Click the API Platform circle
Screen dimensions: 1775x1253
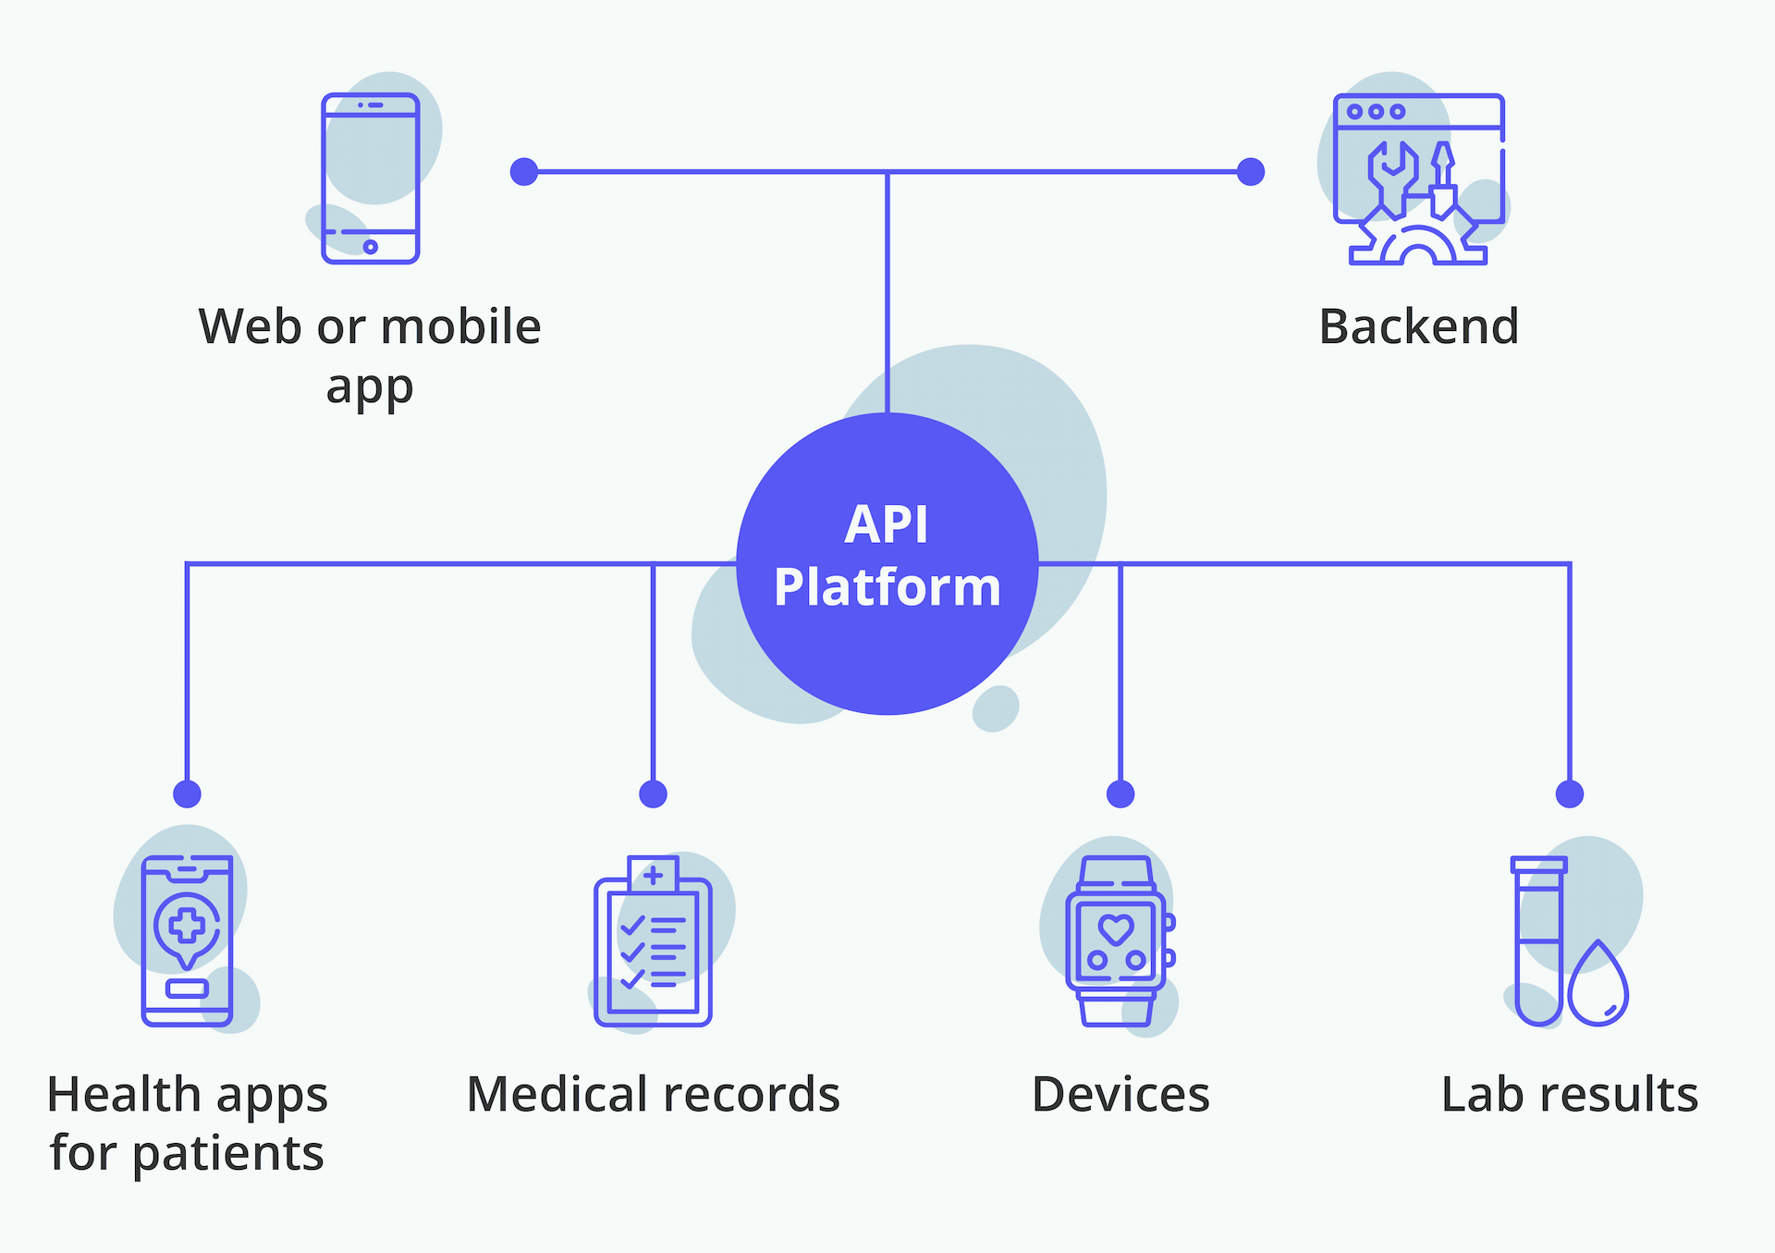[x=887, y=564]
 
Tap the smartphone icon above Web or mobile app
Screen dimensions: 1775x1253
[x=371, y=178]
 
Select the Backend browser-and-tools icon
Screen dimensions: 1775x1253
[x=1419, y=179]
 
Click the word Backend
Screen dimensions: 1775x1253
[x=1419, y=326]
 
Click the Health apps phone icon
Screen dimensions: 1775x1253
[x=188, y=940]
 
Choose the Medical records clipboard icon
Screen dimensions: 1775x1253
[x=653, y=940]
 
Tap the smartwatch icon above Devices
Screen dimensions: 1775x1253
[x=1120, y=940]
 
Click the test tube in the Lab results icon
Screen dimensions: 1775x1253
[x=1539, y=940]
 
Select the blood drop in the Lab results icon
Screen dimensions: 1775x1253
[x=1598, y=986]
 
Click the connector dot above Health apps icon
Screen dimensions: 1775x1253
[x=188, y=793]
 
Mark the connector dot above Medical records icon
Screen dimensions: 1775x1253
[x=654, y=793]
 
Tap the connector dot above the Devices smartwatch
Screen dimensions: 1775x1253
[x=1120, y=793]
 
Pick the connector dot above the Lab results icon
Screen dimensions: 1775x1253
[x=1570, y=793]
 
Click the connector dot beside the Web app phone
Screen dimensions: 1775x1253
[x=524, y=172]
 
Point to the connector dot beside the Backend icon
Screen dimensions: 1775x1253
[x=1251, y=172]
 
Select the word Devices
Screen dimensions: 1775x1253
[x=1120, y=1095]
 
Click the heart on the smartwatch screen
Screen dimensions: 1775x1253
[x=1116, y=928]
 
